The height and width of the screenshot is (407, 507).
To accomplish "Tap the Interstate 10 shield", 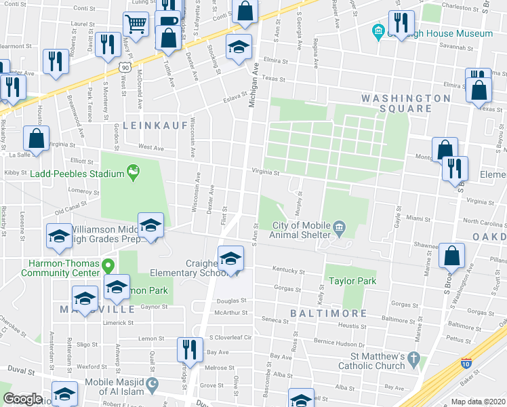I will [465, 363].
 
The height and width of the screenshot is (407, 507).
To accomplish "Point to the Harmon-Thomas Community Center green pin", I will [106, 265].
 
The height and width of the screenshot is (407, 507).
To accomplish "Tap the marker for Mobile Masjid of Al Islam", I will [153, 386].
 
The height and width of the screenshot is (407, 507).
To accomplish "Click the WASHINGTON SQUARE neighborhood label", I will [405, 103].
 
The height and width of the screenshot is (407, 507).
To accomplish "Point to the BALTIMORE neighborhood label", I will [329, 313].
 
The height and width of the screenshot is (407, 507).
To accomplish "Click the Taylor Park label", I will [352, 280].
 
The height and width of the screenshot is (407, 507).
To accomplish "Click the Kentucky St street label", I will [288, 270].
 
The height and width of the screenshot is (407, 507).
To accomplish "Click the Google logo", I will [22, 399].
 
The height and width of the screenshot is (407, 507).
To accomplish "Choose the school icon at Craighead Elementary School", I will [230, 258].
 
